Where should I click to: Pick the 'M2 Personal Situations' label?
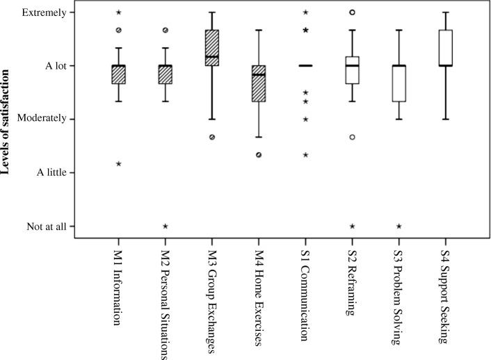tap(166, 304)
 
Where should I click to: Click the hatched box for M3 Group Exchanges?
tap(212, 48)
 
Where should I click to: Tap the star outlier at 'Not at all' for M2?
tap(166, 226)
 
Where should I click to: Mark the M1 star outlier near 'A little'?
tap(119, 164)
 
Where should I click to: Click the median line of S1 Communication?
tap(305, 66)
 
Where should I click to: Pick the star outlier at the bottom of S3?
tap(399, 226)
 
